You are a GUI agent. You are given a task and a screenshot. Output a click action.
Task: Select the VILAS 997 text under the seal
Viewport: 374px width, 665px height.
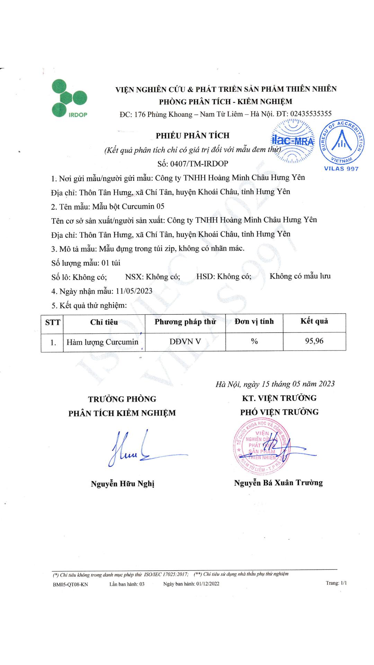pos(341,169)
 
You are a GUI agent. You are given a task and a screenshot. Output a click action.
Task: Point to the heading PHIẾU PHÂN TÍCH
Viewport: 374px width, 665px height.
pos(193,135)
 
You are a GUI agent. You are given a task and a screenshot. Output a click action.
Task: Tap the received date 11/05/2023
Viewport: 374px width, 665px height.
pos(134,291)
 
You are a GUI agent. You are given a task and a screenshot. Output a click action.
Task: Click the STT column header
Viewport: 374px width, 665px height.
pos(53,322)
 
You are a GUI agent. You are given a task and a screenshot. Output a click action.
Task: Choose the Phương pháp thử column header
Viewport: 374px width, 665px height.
pos(185,322)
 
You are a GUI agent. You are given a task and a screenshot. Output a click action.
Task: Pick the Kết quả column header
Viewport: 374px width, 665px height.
pos(314,321)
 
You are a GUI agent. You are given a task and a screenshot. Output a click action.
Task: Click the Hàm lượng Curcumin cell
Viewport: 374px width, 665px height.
pos(103,342)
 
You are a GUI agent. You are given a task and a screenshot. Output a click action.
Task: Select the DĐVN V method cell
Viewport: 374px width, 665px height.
pos(185,342)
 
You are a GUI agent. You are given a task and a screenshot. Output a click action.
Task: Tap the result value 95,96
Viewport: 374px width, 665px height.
pos(314,341)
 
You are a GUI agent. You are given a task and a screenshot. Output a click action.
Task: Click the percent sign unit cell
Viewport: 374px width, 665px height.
pos(255,342)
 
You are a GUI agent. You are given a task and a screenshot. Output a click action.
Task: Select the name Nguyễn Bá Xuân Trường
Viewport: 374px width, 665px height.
pos(278,483)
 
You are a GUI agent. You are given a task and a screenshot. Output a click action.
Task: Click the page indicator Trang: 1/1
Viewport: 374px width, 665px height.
pos(336,583)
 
